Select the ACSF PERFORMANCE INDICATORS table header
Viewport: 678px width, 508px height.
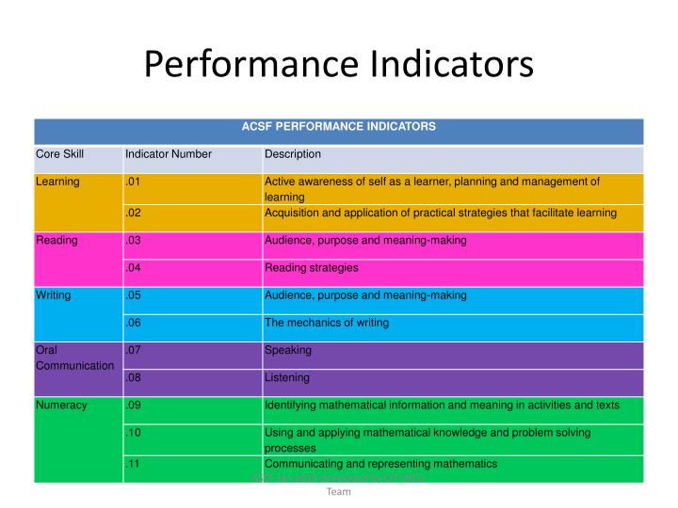[338, 126]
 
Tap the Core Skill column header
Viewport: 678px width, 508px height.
[60, 154]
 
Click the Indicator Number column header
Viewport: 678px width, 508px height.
[169, 154]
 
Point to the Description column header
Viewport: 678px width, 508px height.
[293, 154]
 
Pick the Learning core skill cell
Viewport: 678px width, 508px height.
[58, 182]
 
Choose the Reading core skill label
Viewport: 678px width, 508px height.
[56, 241]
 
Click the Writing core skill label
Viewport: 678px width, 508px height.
[54, 295]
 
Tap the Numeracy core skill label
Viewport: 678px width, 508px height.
[62, 405]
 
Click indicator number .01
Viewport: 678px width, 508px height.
[133, 182]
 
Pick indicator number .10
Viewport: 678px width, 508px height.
[133, 433]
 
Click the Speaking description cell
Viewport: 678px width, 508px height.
[288, 351]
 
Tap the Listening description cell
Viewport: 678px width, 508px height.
[287, 378]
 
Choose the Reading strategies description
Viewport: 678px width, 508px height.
[312, 268]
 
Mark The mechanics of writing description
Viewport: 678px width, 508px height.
[327, 323]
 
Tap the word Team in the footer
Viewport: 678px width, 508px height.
[338, 491]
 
